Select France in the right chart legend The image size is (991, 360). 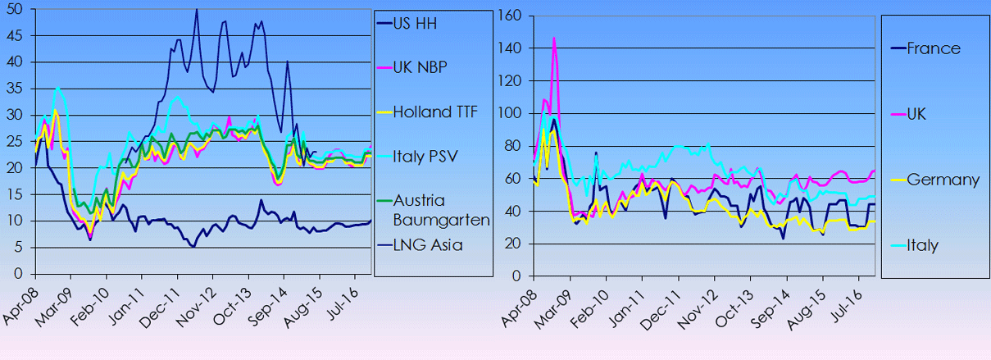pos(933,48)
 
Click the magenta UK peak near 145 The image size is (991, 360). pos(554,39)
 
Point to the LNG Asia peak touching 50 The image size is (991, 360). pos(196,10)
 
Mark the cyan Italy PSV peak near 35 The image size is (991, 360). pos(57,88)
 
